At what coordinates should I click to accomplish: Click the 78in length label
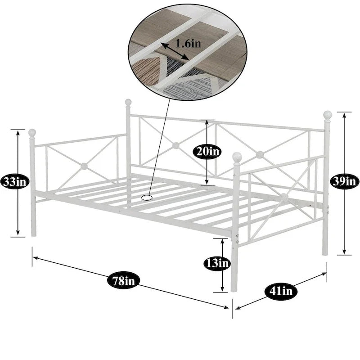coord(123,280)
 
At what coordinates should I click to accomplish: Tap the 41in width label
coord(281,291)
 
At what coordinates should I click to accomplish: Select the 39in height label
coord(344,182)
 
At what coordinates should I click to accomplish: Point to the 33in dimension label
coord(15,182)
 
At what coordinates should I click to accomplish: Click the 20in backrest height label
coord(207,152)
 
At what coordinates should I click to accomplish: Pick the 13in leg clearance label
coord(217,263)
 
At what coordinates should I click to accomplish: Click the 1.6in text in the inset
coord(188,43)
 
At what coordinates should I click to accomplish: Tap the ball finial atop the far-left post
coord(32,133)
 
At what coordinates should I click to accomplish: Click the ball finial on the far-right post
coord(328,115)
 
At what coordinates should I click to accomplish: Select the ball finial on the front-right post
coord(237,157)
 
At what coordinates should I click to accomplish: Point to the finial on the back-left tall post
coord(128,102)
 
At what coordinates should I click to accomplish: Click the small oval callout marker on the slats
coord(147,197)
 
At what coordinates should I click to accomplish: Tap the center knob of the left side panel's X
coord(84,166)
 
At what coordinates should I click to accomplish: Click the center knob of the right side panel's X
coord(284,197)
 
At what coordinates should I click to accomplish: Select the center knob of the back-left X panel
coord(175,145)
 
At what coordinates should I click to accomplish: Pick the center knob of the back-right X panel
coord(260,155)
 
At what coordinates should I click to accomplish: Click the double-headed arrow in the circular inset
coord(175,51)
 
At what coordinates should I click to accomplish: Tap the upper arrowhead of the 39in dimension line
coord(344,115)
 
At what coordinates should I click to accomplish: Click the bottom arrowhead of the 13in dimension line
coord(222,289)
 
